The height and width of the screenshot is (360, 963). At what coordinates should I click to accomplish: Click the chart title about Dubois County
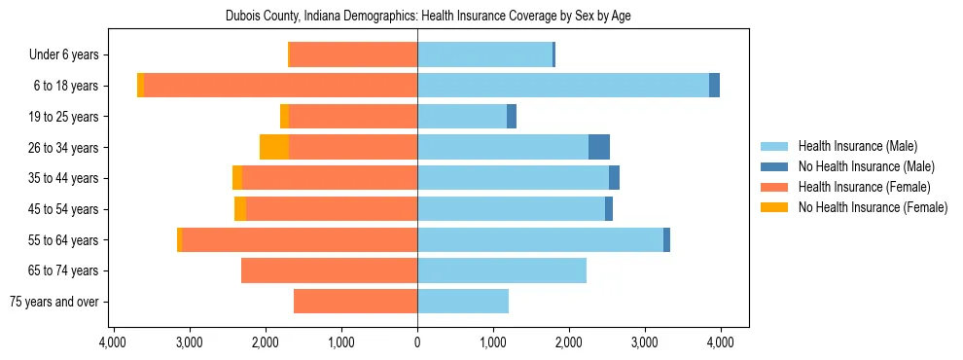click(x=428, y=17)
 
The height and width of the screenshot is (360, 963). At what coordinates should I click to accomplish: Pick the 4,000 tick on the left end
click(x=113, y=342)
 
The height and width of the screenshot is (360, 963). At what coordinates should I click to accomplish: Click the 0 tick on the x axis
click(x=417, y=342)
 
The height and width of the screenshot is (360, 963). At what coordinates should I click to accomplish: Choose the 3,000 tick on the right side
click(x=645, y=342)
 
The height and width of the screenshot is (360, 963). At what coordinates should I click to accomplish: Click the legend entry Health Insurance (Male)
click(x=857, y=146)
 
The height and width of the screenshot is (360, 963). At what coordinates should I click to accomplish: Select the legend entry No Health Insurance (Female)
click(x=873, y=207)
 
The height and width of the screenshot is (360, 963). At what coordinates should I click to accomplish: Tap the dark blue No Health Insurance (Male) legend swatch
click(x=775, y=166)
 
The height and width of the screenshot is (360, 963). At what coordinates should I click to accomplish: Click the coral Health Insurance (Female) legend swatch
click(x=775, y=187)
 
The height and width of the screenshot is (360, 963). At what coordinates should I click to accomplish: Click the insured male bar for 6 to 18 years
click(x=563, y=86)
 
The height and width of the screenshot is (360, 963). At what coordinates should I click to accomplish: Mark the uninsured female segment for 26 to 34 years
click(x=274, y=147)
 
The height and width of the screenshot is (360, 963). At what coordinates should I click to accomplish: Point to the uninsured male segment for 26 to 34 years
click(x=599, y=147)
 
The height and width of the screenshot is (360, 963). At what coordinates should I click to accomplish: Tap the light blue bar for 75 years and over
click(x=463, y=302)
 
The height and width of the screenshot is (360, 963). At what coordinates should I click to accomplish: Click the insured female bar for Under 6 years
click(x=354, y=54)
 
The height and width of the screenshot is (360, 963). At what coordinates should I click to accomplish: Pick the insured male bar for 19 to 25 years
click(x=462, y=117)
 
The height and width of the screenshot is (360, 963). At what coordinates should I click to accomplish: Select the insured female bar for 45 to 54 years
click(x=332, y=209)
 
